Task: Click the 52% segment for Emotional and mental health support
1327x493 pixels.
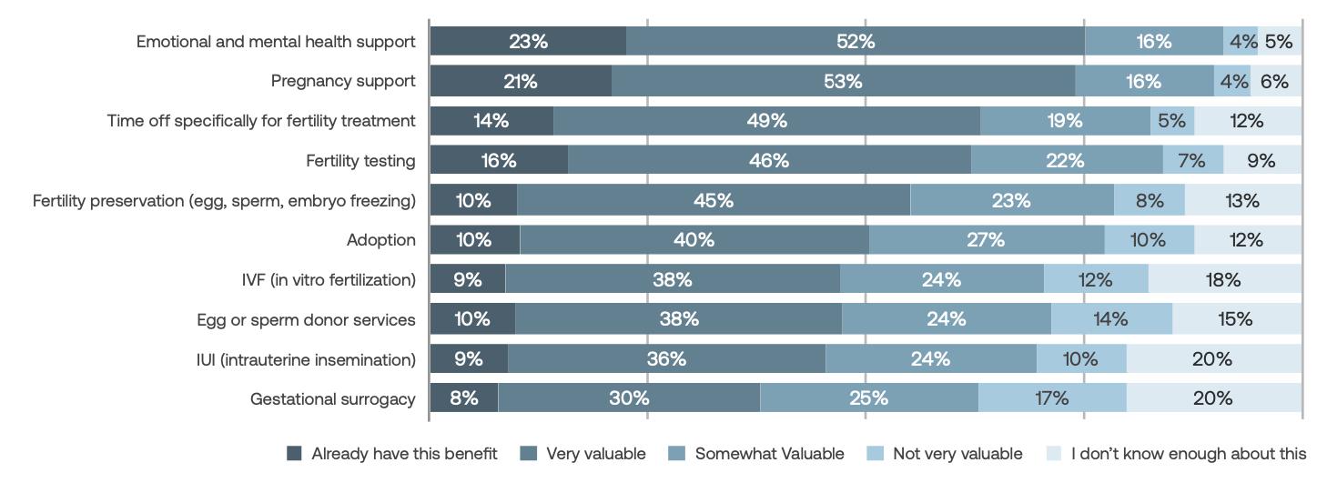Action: (x=855, y=42)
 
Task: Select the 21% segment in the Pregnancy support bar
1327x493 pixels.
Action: (x=520, y=82)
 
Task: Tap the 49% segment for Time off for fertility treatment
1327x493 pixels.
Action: (x=766, y=121)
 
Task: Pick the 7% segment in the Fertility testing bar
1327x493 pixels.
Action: (x=1191, y=161)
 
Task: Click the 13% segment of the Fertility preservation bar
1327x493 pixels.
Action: (x=1242, y=200)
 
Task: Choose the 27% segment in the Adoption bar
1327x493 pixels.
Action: (x=986, y=240)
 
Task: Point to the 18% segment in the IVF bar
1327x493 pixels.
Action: (x=1223, y=280)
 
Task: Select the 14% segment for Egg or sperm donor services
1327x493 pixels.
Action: (x=1110, y=319)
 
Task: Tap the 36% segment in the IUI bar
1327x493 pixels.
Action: (x=666, y=359)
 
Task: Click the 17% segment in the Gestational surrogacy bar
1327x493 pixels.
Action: (x=1051, y=398)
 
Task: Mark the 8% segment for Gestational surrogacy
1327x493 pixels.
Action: (x=463, y=398)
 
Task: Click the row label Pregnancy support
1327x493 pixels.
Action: (x=343, y=82)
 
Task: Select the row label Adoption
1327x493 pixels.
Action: (x=380, y=240)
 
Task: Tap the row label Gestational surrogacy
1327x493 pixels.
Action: (x=332, y=398)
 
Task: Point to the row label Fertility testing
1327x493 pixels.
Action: (x=360, y=161)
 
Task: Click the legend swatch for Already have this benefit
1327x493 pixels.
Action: (x=294, y=454)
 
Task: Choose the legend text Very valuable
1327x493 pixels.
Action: (x=595, y=454)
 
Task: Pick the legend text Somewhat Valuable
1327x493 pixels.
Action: (x=769, y=454)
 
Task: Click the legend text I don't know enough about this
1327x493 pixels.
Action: (x=1188, y=454)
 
